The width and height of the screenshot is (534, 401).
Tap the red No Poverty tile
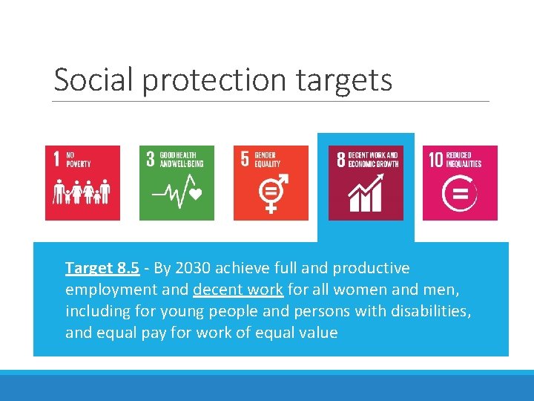point(82,183)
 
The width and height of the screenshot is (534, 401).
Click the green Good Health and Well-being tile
point(177,183)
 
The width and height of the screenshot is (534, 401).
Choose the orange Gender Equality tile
point(271,183)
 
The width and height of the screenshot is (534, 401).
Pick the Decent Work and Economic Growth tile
point(366,183)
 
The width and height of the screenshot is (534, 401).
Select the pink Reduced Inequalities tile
point(460,183)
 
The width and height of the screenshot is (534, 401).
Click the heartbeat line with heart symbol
point(177,195)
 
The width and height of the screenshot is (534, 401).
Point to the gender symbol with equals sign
point(271,194)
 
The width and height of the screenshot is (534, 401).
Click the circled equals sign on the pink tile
point(460,195)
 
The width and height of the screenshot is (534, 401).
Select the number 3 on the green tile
point(151,159)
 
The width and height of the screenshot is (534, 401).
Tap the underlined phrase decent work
point(237,290)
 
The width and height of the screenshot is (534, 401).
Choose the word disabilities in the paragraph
point(431,311)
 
